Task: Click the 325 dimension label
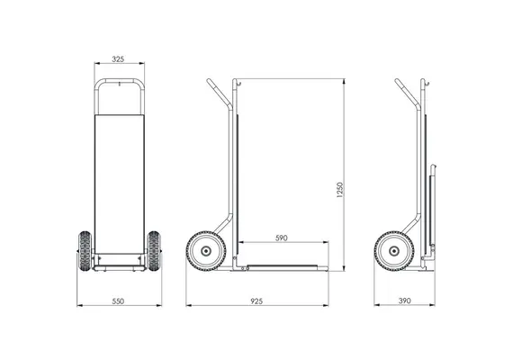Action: (118, 59)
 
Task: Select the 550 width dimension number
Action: (118, 301)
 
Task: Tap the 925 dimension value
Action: (256, 301)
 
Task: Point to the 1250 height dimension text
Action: (340, 190)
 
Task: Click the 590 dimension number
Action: (282, 238)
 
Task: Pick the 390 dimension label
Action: (405, 301)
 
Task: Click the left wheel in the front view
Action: (85, 251)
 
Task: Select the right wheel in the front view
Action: (154, 251)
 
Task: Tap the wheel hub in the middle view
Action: (206, 251)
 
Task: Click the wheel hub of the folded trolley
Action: (394, 251)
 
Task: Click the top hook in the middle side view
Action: (239, 84)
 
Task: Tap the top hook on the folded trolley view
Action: (427, 84)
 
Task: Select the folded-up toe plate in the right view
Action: (432, 210)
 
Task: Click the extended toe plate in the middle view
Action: (282, 267)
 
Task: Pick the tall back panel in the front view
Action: (120, 184)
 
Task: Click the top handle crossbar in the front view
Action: (120, 80)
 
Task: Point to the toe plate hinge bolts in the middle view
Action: (245, 269)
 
